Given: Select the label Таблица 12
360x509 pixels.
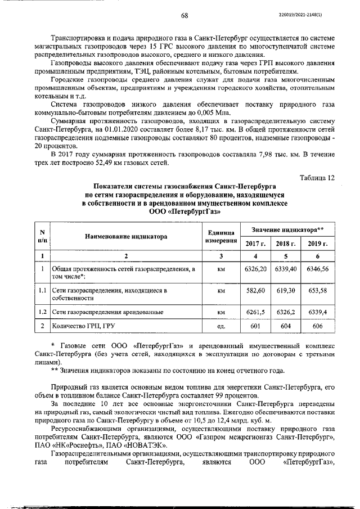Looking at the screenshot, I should (x=318, y=178).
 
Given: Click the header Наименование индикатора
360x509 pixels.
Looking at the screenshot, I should (x=126, y=237).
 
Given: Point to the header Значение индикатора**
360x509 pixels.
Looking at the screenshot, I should (x=286, y=229).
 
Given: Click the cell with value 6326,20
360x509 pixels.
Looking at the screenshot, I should (x=256, y=269).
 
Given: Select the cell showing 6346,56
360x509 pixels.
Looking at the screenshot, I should (x=317, y=269).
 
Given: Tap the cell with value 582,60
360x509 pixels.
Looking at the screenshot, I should (x=256, y=291).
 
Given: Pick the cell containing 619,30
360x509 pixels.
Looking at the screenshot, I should (x=286, y=291).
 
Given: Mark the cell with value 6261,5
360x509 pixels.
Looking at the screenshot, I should (x=256, y=311).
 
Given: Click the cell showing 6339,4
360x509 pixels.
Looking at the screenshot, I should (x=317, y=311).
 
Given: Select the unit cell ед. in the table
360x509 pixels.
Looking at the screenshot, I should (x=221, y=326).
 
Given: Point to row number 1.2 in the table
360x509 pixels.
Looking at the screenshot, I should (x=42, y=311).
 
